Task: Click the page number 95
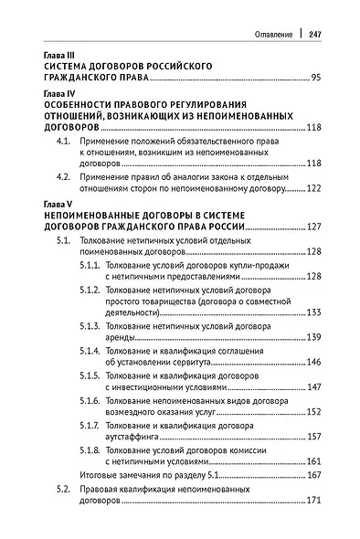317,80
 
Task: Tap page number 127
314,226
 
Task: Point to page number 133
314,312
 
